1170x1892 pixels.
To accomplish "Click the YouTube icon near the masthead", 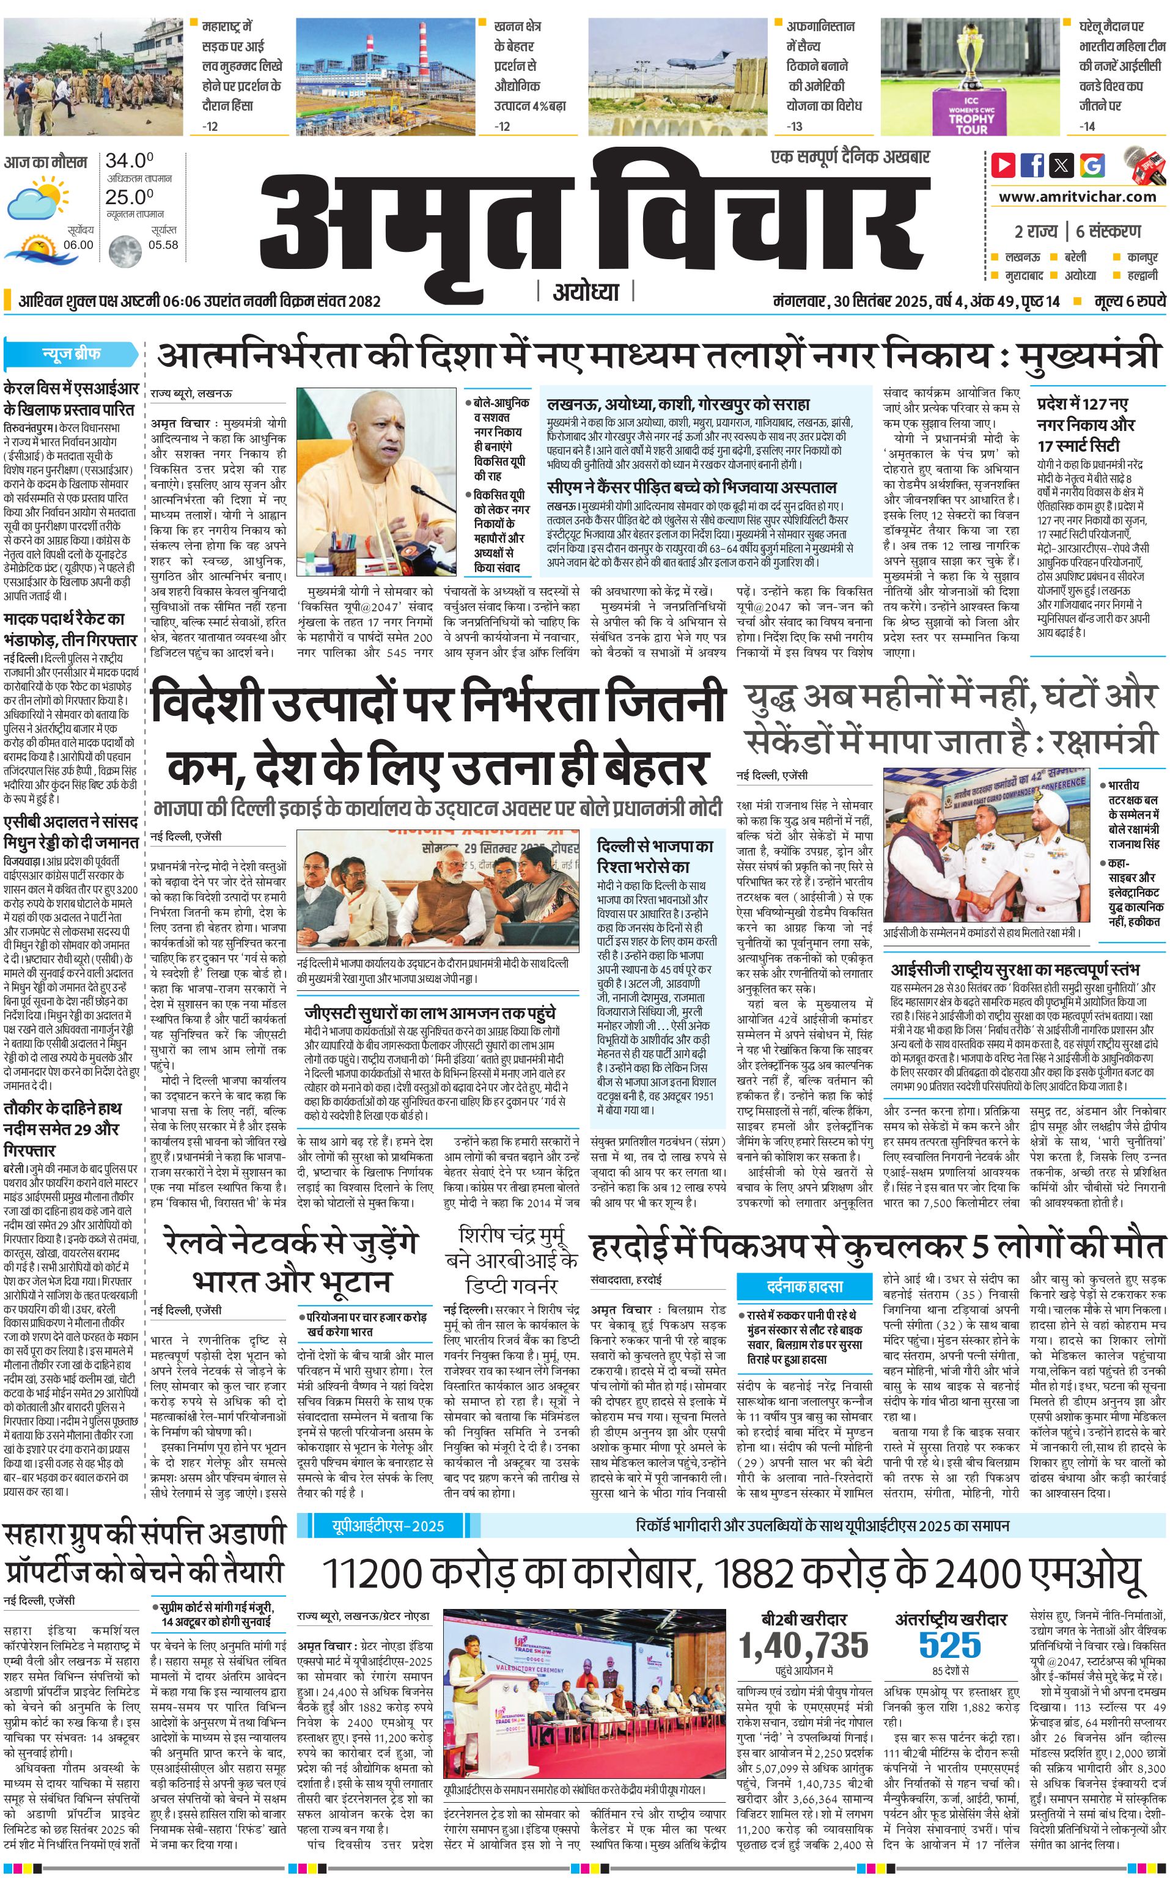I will click(1003, 165).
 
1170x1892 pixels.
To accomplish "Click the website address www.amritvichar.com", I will click(1077, 197).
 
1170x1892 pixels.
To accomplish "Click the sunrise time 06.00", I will click(78, 245).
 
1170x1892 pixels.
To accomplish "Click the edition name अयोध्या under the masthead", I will click(586, 292).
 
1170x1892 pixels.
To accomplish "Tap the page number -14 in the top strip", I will click(1088, 126).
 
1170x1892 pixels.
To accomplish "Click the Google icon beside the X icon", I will click(1092, 165).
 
